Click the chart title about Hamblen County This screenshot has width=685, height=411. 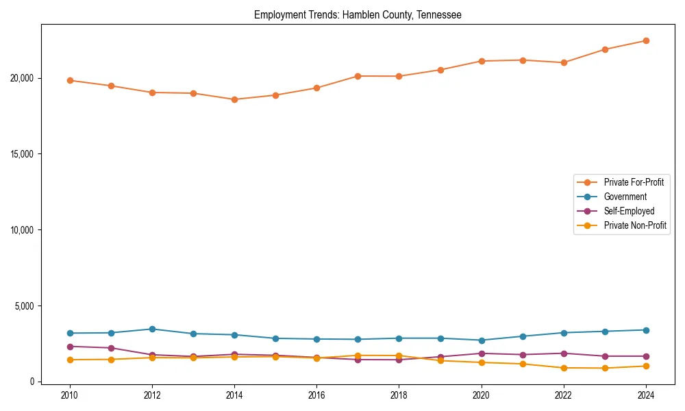358,14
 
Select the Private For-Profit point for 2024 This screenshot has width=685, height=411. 645,40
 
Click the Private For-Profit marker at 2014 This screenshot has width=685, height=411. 234,99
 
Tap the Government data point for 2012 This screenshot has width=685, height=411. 152,329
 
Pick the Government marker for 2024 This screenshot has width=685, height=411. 645,330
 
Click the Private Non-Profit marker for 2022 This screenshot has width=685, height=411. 563,368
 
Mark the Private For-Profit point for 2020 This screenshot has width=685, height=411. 481,61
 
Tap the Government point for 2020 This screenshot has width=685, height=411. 481,340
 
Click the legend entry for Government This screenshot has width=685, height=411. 625,197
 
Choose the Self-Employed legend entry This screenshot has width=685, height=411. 629,211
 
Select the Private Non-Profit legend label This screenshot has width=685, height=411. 635,225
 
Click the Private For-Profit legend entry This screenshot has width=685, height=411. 634,182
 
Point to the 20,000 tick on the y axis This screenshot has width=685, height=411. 22,78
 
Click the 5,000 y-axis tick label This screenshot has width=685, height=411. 24,306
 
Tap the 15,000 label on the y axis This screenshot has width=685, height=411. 22,154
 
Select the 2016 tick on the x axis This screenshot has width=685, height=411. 316,395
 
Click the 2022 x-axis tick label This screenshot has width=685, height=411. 563,395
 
